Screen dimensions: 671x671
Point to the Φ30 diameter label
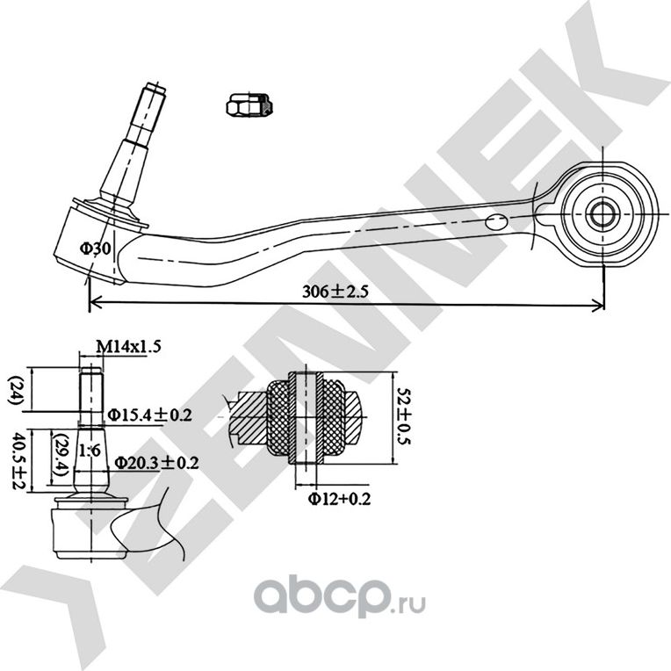(x=96, y=249)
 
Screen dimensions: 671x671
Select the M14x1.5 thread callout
(x=128, y=347)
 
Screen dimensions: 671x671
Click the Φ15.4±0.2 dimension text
(x=149, y=414)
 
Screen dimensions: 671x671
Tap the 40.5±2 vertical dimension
(x=15, y=459)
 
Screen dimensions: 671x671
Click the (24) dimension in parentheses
(x=15, y=388)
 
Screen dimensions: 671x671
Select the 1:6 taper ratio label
(x=88, y=451)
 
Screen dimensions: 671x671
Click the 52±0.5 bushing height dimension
(x=404, y=419)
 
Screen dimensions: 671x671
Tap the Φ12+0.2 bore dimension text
(x=339, y=499)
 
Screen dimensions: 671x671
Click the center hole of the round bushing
(x=603, y=213)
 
